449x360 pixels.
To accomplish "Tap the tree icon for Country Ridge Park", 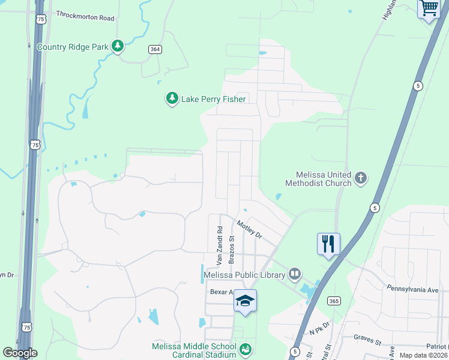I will pyautogui.click(x=118, y=46).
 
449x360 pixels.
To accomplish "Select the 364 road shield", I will pyautogui.click(x=155, y=51).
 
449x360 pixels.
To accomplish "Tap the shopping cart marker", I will pyautogui.click(x=429, y=8).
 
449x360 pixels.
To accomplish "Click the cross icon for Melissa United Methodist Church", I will pyautogui.click(x=360, y=178).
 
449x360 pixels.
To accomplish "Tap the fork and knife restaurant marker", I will pyautogui.click(x=328, y=244).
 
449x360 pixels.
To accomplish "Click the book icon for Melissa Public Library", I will pyautogui.click(x=295, y=274).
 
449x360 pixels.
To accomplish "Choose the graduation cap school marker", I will pyautogui.click(x=245, y=300).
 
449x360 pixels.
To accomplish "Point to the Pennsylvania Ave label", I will pyautogui.click(x=412, y=289).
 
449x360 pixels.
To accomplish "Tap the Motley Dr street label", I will pyautogui.click(x=250, y=230).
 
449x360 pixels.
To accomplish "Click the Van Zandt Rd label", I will pyautogui.click(x=219, y=245).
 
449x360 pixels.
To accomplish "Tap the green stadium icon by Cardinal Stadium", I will pyautogui.click(x=245, y=349).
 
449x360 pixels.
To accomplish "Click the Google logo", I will pyautogui.click(x=20, y=353).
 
